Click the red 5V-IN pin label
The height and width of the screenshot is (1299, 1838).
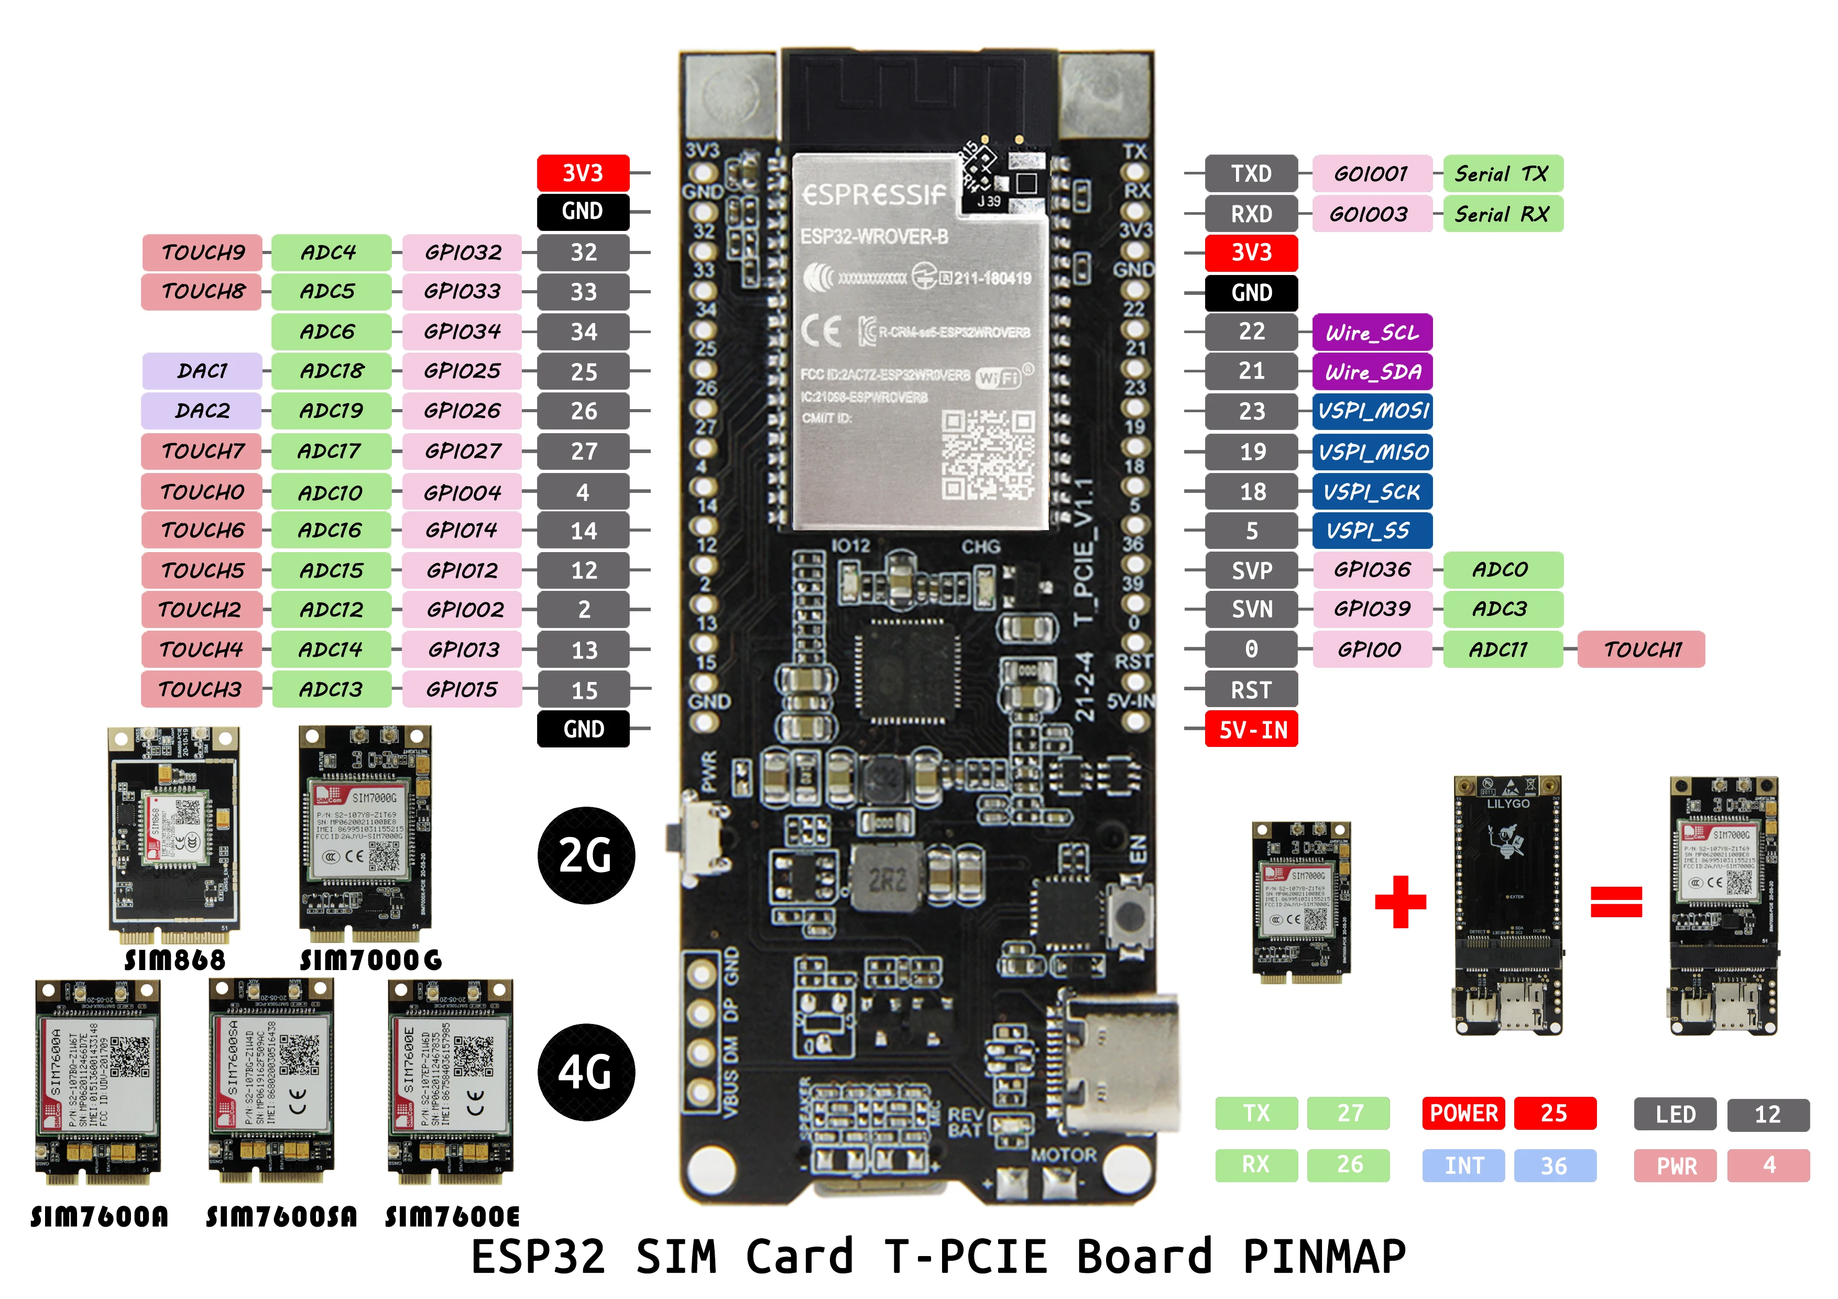click(1251, 729)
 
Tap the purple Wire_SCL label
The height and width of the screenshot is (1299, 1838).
click(1372, 332)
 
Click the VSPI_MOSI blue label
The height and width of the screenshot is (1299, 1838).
click(1372, 411)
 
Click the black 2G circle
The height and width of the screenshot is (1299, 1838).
click(586, 855)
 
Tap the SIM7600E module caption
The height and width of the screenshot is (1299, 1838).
click(452, 1217)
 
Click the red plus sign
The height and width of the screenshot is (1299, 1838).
click(1400, 901)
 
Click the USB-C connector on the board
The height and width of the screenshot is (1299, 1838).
click(1121, 1064)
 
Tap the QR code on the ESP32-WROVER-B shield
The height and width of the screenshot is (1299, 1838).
click(987, 455)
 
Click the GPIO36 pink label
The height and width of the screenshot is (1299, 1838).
click(1372, 570)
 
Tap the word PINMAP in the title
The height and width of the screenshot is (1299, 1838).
click(1323, 1256)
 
